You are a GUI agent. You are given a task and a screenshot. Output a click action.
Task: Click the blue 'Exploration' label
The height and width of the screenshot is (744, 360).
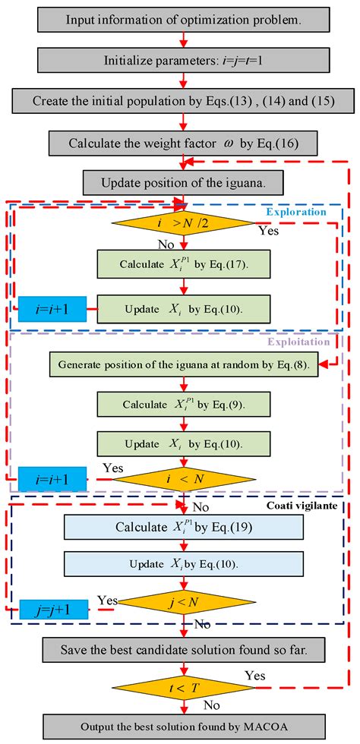(302, 212)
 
